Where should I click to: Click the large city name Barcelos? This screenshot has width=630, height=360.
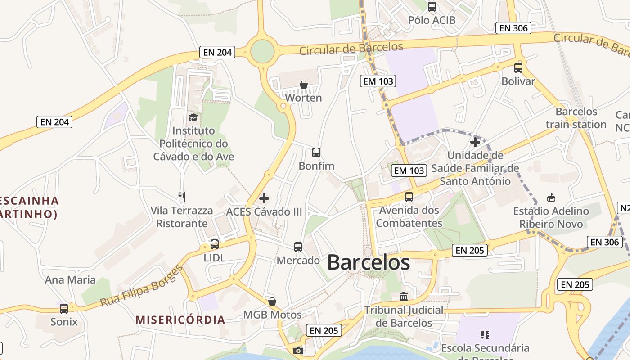click(x=369, y=262)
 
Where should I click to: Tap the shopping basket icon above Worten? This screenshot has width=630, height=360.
click(x=304, y=85)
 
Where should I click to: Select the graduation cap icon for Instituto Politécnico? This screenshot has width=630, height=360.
click(x=193, y=117)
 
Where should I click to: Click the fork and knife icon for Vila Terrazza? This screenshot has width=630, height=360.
click(x=182, y=197)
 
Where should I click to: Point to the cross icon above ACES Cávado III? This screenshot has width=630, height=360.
click(x=264, y=198)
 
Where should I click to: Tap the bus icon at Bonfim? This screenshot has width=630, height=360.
click(x=316, y=153)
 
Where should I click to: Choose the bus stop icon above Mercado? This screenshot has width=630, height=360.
click(x=298, y=247)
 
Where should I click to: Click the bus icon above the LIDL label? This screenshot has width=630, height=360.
click(x=215, y=244)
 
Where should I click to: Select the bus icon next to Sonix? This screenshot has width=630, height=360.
click(x=64, y=308)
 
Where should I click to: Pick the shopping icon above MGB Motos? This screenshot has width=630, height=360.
click(x=272, y=301)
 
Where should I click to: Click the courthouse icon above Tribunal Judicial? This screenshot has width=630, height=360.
click(x=404, y=297)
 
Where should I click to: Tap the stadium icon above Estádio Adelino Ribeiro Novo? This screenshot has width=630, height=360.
click(x=551, y=198)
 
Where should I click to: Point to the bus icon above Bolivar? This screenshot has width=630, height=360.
click(x=518, y=68)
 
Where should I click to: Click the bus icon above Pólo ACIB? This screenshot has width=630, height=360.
click(x=432, y=7)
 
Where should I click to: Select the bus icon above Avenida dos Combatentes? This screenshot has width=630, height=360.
click(x=409, y=197)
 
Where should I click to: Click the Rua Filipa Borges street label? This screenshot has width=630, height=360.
click(x=141, y=286)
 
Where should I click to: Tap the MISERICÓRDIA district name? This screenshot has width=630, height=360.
click(x=180, y=320)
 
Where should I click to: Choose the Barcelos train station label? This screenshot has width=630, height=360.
click(x=576, y=118)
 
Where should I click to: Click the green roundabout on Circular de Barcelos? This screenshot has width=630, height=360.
click(x=262, y=52)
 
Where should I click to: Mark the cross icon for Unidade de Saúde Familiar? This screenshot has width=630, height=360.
click(x=475, y=143)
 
